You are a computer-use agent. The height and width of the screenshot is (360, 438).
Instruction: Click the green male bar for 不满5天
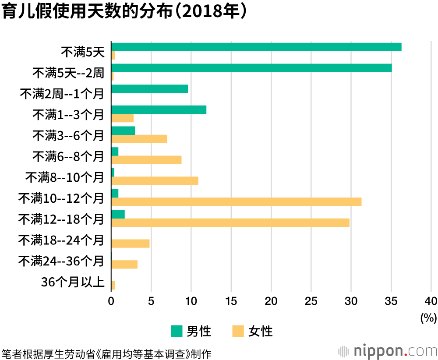(256, 47)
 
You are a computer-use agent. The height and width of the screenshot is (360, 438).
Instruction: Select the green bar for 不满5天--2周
(251, 68)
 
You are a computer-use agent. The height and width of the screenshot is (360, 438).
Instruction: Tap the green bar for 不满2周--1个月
(150, 89)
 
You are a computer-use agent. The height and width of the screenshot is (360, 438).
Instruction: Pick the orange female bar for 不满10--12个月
(237, 201)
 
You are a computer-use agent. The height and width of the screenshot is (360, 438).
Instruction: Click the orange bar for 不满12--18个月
(230, 222)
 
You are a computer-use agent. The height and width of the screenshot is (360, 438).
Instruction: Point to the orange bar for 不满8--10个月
(155, 180)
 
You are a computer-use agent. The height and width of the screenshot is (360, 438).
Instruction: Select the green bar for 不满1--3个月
(159, 109)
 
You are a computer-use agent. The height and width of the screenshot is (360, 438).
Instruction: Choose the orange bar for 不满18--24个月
(131, 244)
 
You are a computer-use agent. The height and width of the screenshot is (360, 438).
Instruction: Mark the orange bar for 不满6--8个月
(146, 160)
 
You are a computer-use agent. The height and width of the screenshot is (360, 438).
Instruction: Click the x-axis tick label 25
(311, 301)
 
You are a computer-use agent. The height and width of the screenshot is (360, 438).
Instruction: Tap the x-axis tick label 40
(431, 301)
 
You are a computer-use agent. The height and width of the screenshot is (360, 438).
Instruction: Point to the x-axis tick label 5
(151, 301)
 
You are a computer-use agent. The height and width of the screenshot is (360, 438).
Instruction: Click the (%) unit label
(428, 318)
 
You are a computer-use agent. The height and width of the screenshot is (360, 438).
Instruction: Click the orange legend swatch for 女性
(237, 331)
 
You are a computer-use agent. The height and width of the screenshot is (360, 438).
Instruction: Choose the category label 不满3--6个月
(68, 135)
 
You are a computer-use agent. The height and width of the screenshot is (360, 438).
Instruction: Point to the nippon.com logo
(387, 351)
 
